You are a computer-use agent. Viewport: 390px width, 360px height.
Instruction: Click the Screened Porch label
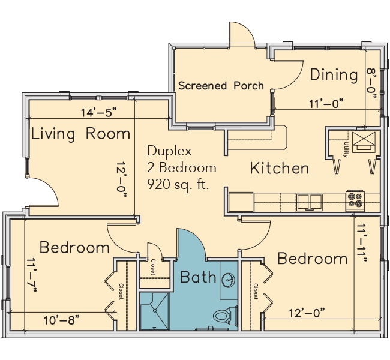click(x=221, y=86)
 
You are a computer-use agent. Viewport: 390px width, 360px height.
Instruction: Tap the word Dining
click(x=334, y=75)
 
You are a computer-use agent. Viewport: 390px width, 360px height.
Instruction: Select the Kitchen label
click(x=280, y=168)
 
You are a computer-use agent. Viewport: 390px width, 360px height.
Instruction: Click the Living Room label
click(x=80, y=134)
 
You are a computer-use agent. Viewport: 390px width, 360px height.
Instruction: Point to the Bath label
click(x=198, y=277)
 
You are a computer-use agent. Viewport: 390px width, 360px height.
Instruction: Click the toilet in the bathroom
click(x=225, y=316)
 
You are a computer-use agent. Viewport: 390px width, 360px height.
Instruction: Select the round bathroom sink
click(x=229, y=280)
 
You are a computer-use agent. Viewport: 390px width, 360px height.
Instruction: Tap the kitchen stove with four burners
click(x=355, y=200)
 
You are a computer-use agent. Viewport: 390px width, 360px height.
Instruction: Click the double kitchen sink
click(x=309, y=202)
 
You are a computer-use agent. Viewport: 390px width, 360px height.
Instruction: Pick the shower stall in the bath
click(x=155, y=311)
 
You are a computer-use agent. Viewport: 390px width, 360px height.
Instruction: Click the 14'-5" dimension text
click(x=98, y=112)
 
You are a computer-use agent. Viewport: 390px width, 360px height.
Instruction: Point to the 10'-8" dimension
click(x=62, y=320)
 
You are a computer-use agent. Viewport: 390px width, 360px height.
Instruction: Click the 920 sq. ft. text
click(x=178, y=185)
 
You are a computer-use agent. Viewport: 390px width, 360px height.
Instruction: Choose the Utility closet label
click(x=346, y=149)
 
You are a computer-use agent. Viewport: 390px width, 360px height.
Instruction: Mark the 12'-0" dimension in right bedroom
click(x=307, y=313)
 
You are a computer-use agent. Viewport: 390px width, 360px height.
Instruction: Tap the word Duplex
click(x=169, y=151)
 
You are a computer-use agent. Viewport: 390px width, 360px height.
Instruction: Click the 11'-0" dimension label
click(x=326, y=104)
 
